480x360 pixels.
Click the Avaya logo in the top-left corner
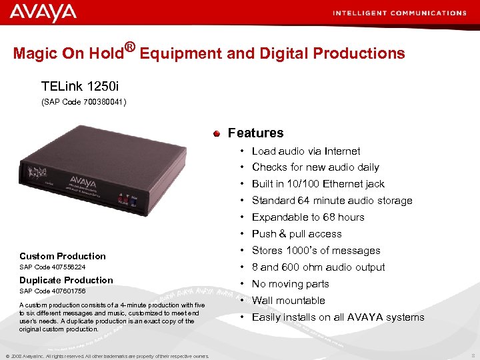click(43, 13)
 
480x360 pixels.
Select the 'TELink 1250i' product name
click(81, 87)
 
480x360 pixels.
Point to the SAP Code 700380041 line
click(84, 102)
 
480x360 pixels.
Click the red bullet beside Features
click(217, 133)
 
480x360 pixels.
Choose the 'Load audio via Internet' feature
click(305, 151)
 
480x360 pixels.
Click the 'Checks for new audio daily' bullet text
click(315, 167)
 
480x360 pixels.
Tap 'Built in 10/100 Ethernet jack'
click(318, 184)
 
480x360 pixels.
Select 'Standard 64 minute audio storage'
click(331, 201)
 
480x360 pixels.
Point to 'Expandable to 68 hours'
click(307, 217)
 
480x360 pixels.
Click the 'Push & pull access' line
click(296, 234)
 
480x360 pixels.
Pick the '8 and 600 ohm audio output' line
click(318, 267)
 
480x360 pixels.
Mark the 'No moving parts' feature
click(290, 284)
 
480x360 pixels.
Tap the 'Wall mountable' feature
click(288, 301)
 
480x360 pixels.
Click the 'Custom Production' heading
click(63, 256)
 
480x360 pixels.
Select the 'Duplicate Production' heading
click(66, 280)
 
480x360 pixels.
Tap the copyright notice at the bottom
click(107, 355)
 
